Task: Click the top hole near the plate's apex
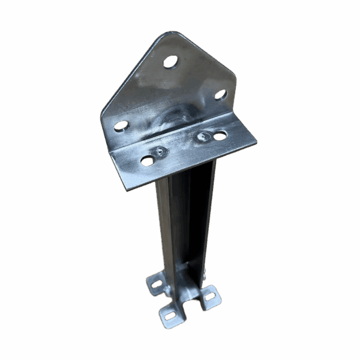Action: tap(170, 61)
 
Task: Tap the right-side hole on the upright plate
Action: tap(221, 94)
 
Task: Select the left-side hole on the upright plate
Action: tap(121, 125)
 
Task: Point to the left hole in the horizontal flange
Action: tap(147, 160)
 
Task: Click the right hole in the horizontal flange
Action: tap(220, 136)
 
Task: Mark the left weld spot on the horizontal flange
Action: tap(160, 152)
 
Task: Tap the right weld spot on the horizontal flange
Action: tap(202, 137)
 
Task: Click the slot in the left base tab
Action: tap(155, 282)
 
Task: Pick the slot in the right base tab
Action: tap(210, 295)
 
